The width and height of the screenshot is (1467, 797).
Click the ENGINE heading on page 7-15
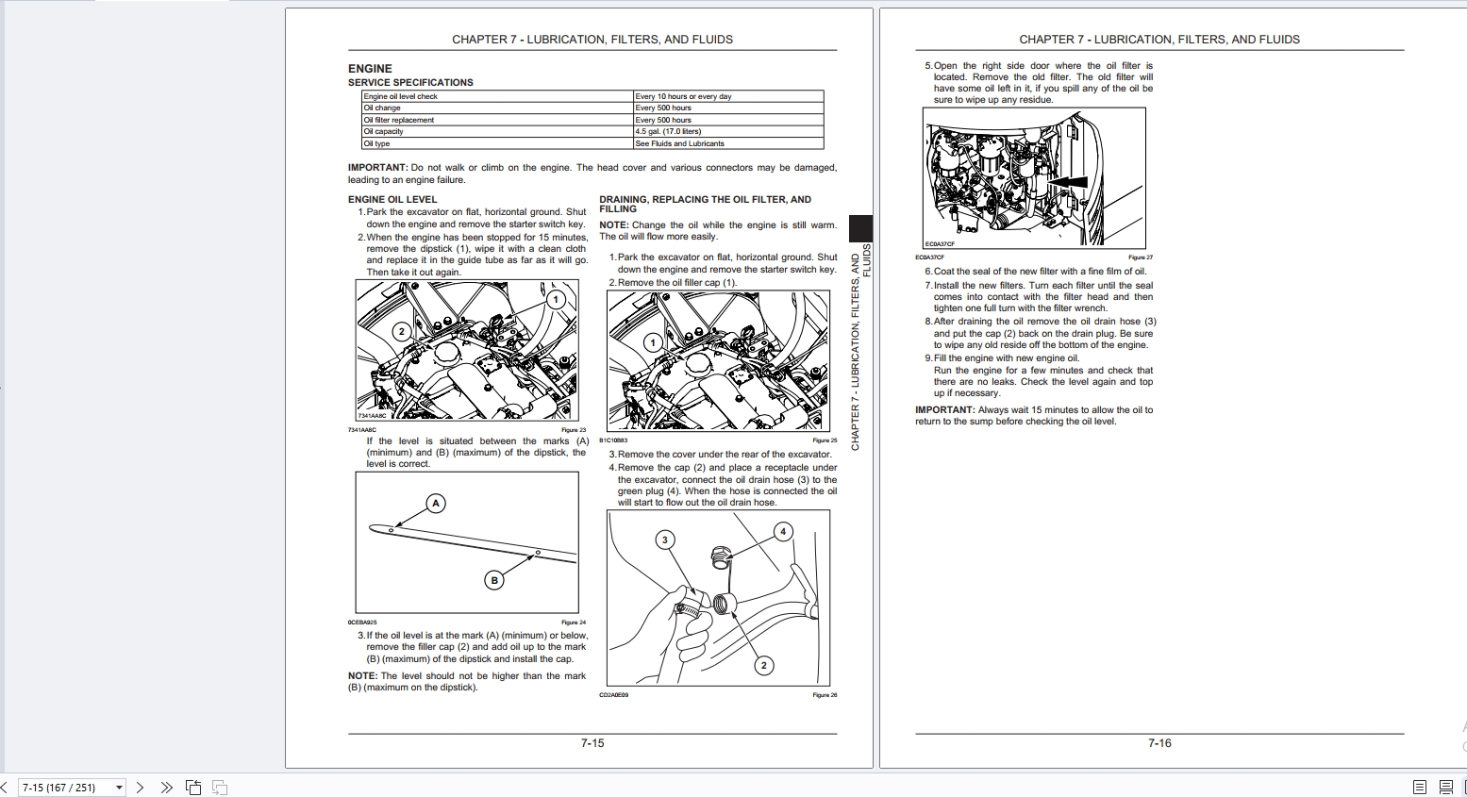[370, 69]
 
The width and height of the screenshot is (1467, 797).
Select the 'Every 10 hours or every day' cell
[683, 96]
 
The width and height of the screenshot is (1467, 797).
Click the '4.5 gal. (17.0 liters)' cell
[668, 132]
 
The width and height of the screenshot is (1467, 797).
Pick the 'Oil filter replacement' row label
[399, 120]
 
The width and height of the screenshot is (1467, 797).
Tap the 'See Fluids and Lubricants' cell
[679, 143]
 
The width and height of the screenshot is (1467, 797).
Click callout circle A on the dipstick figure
[436, 504]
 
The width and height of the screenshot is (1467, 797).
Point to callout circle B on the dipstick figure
[494, 580]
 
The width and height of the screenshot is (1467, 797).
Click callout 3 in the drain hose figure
[665, 540]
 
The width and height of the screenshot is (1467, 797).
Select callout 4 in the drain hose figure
[783, 532]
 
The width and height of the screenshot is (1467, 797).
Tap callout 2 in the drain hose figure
[764, 665]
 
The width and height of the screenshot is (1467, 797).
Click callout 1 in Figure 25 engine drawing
[652, 342]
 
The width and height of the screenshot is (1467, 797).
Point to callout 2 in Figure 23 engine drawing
[402, 331]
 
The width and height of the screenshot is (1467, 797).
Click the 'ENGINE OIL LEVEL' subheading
[392, 199]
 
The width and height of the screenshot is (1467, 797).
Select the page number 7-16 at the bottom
[1159, 743]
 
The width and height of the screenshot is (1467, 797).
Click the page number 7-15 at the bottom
[592, 743]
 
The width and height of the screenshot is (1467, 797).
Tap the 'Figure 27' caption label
[1140, 257]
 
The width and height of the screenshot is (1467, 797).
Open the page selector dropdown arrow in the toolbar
[119, 788]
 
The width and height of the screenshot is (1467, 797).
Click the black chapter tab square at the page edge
[860, 228]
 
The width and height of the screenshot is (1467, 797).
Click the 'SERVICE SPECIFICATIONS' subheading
[410, 82]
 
